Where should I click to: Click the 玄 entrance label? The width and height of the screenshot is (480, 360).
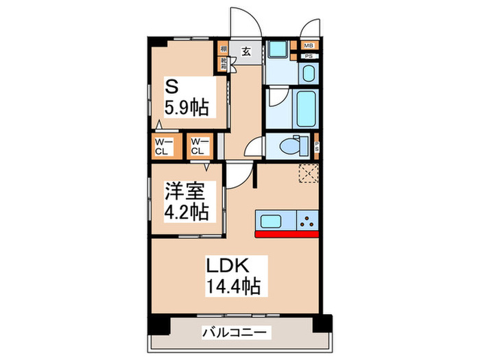pos(245,49)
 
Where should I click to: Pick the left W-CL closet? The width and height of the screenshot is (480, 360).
pos(163,146)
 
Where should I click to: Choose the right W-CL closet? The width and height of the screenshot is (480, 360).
pos(200,146)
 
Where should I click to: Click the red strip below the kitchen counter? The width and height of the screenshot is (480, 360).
pos(287,235)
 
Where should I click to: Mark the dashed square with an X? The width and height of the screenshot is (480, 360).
pos(309,175)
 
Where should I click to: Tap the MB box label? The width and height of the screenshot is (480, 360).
pos(309,46)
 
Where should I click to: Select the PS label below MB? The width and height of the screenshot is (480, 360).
pos(309,56)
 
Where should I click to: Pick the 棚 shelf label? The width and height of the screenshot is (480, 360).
pos(224,49)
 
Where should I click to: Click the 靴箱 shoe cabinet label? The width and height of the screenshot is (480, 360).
pos(224,64)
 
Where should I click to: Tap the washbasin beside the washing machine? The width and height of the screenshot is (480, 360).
pos(308,73)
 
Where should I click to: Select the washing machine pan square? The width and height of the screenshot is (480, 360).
pos(277,50)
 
